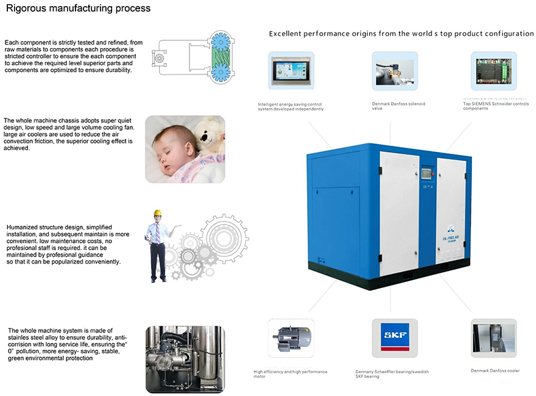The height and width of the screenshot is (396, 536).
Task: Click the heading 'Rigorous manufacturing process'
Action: [79, 9]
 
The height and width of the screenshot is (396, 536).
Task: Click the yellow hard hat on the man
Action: [157, 213]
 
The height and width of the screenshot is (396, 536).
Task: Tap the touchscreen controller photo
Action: [291, 71]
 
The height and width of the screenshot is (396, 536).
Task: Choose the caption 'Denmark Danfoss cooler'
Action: [495, 370]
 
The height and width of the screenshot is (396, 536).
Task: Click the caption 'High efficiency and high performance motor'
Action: [290, 374]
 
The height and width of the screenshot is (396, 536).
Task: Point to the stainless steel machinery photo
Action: [185, 359]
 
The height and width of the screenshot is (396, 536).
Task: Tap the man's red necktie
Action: [157, 232]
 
